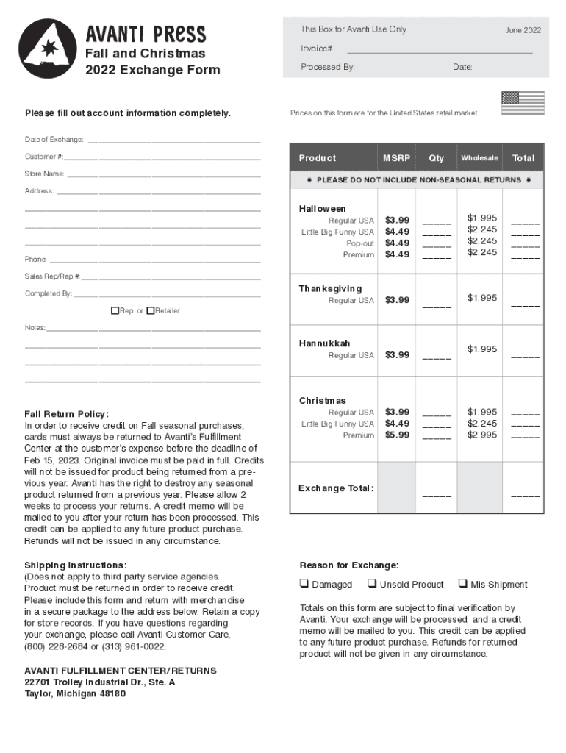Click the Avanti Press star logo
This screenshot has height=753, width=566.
[47, 49]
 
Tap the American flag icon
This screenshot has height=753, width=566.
[522, 103]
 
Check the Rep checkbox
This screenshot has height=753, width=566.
[115, 310]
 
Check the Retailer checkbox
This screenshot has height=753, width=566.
[150, 310]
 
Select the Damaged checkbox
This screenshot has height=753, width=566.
[304, 584]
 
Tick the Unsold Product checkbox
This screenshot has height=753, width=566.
[372, 584]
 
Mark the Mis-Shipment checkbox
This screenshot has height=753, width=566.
[463, 584]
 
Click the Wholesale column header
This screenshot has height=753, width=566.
[479, 158]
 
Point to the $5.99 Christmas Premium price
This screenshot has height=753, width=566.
[397, 435]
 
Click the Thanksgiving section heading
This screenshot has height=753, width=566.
[330, 289]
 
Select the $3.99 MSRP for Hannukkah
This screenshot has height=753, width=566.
[397, 355]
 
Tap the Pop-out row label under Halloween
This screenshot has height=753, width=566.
[360, 243]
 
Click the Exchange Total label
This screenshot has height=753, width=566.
[336, 489]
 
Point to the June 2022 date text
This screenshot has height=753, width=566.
[523, 30]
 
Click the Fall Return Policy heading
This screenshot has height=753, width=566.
[66, 414]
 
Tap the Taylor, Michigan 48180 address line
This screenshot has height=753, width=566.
[75, 693]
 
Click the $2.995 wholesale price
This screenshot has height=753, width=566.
[482, 435]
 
